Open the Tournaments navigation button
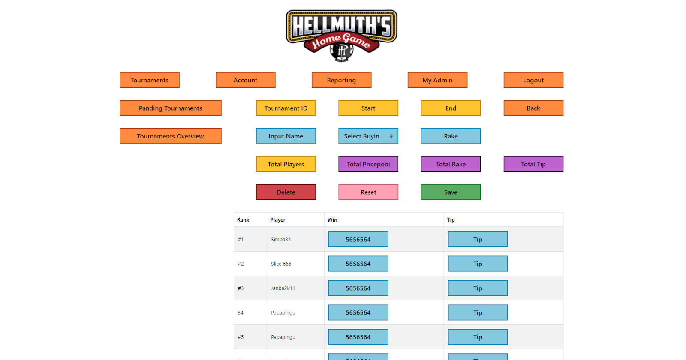click(149, 80)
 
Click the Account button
click(245, 80)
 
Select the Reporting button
click(341, 80)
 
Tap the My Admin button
click(437, 80)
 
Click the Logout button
click(533, 80)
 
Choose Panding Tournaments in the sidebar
click(170, 108)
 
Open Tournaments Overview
click(170, 136)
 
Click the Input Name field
click(286, 136)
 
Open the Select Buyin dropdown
click(368, 136)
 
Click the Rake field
click(451, 136)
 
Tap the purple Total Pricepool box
click(368, 164)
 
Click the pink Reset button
click(368, 192)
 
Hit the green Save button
click(451, 192)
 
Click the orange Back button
click(533, 108)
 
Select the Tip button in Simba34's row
click(478, 239)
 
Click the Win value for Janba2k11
click(358, 288)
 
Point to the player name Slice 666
click(281, 264)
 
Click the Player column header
click(278, 220)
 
